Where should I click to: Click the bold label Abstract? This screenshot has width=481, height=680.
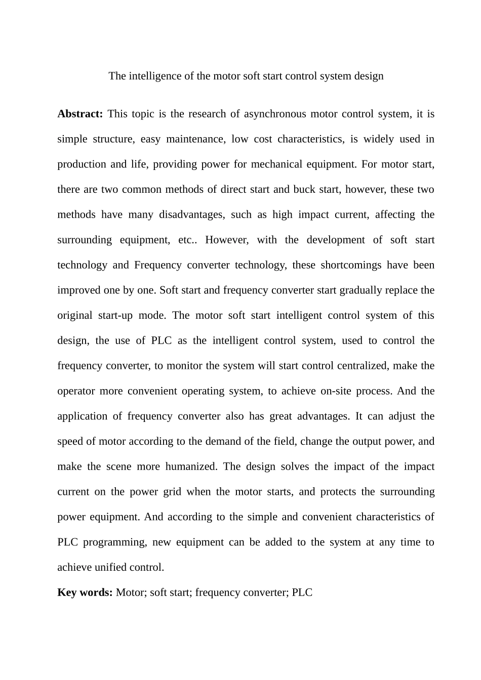[80, 114]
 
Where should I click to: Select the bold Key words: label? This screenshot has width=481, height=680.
[85, 592]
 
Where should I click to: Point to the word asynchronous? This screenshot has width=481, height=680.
[275, 114]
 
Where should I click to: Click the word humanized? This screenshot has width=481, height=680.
[191, 466]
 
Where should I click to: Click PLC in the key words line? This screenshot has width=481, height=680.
[302, 592]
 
